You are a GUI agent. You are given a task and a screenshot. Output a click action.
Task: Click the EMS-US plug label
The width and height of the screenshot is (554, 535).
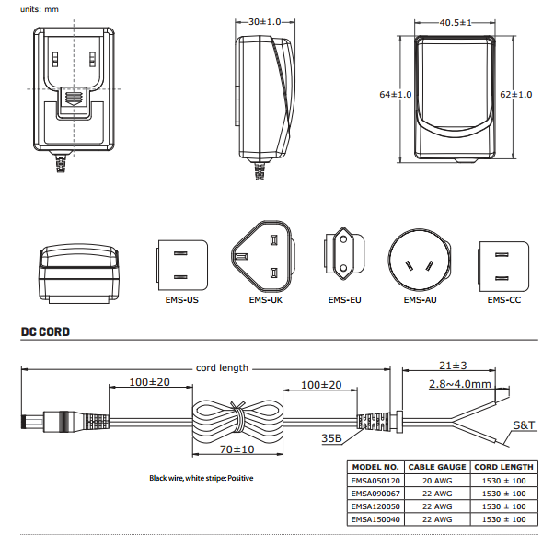179,299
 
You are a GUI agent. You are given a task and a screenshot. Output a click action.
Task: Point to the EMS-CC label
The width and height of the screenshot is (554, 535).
503,299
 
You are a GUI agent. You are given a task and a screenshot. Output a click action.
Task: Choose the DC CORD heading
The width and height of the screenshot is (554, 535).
45,331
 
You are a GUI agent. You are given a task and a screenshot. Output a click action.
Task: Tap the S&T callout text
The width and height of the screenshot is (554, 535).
524,425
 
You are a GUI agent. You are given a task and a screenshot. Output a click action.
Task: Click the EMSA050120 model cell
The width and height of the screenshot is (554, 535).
377,481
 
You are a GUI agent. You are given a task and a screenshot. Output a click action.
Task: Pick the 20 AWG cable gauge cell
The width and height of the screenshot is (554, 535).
437,481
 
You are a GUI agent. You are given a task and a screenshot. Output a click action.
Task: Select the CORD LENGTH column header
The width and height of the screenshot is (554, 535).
503,467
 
